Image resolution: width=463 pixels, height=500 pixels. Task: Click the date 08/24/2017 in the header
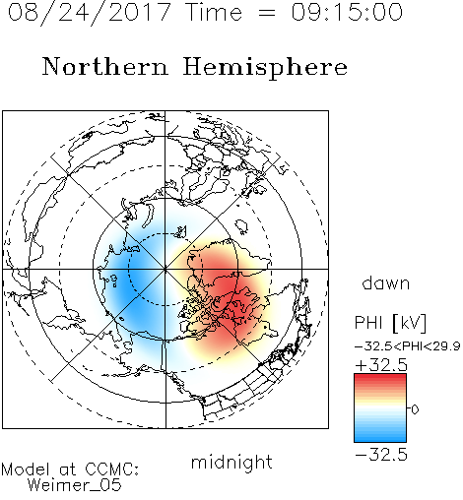click(89, 13)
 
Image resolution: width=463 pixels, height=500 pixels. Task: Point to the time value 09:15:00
click(347, 12)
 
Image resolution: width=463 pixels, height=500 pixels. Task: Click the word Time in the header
click(214, 12)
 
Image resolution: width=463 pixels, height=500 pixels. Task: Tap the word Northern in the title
click(104, 66)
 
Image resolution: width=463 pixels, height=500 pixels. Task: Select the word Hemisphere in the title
click(265, 68)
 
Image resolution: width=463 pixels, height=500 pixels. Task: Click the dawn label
click(386, 282)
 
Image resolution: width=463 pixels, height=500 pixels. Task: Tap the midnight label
click(231, 463)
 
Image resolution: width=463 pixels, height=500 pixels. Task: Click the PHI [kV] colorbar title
click(390, 323)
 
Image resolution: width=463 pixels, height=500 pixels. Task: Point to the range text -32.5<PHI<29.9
click(408, 346)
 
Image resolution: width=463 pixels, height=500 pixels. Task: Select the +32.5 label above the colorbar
click(381, 365)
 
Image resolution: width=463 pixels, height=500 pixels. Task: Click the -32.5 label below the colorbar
click(381, 455)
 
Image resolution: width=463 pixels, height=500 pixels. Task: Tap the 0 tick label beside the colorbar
click(415, 409)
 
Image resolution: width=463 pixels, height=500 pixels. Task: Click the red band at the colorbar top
click(380, 378)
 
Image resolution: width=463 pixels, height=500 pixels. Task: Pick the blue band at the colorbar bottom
click(380, 438)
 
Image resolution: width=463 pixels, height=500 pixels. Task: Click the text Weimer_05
click(75, 485)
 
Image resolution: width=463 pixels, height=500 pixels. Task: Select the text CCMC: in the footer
click(111, 469)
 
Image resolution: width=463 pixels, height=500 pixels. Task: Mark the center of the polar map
click(165, 270)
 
